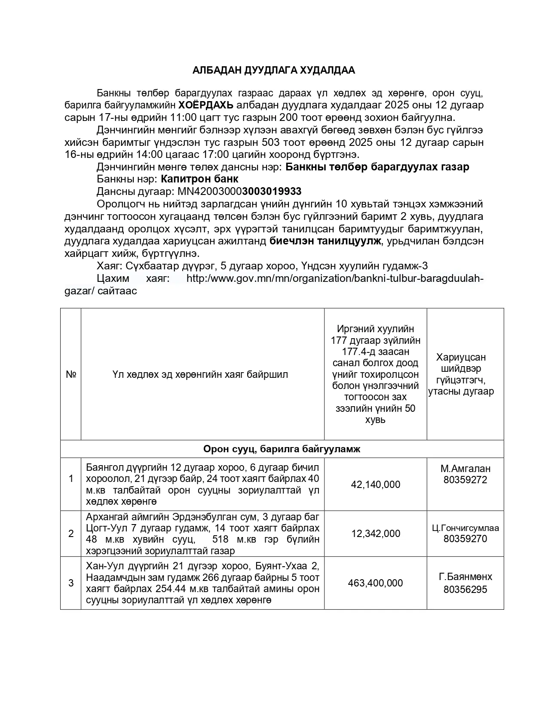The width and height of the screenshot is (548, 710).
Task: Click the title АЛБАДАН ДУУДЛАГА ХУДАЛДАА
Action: pos(273,71)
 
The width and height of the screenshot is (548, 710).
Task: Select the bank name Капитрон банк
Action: pos(199,179)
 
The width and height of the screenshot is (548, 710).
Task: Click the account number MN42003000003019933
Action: pos(236,191)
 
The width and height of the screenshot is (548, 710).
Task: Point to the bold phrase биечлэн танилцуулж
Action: pos(325,241)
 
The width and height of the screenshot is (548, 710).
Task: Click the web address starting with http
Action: pos(335,278)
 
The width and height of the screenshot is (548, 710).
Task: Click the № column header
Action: pos(71,374)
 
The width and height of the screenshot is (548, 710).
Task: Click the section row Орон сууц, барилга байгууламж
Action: pos(282,449)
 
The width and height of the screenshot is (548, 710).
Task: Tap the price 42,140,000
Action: pos(375,485)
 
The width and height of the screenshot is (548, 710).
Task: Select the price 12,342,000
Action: pos(375,534)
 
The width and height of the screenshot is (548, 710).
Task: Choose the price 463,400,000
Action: pos(375,583)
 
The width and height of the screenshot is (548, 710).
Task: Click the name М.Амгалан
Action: pos(465,469)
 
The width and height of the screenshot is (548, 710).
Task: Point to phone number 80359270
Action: pos(465,539)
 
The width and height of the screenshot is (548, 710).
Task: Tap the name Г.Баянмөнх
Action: pos(465,577)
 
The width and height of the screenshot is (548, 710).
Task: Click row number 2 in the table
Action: pos(71,534)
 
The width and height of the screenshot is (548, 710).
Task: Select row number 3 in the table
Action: pos(71,583)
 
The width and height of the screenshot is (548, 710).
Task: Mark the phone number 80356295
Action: pos(465,590)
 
